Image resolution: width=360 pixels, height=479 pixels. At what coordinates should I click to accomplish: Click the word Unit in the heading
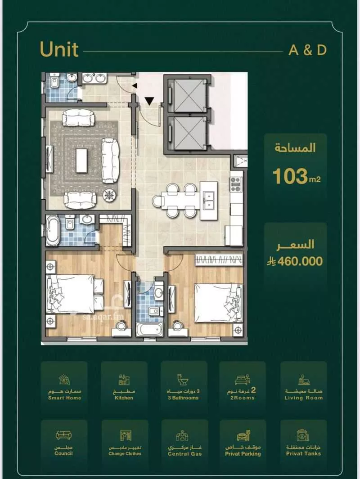[x=59, y=49]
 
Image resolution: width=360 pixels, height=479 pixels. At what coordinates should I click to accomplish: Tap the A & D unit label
[x=307, y=50]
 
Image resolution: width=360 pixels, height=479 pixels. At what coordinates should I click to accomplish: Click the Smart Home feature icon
[x=64, y=380]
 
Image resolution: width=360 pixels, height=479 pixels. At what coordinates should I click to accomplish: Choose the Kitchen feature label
[x=124, y=398]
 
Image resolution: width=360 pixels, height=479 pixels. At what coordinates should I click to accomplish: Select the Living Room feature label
[x=303, y=398]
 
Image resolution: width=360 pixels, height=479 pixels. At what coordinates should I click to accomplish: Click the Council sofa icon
[x=63, y=435]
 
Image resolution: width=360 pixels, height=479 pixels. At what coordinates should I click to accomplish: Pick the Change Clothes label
[x=125, y=453]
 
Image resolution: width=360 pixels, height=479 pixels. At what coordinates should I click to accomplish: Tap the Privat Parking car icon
[x=243, y=436]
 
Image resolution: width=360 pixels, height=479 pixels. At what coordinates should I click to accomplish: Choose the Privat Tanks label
[x=303, y=453]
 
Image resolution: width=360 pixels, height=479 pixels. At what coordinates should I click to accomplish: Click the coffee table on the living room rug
[x=82, y=160]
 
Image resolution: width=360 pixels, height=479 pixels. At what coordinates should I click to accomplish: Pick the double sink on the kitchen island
[x=208, y=200]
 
